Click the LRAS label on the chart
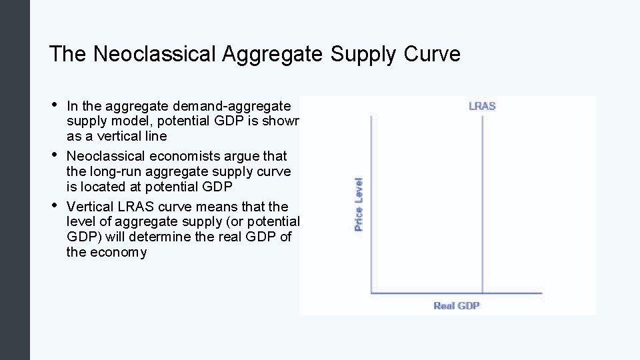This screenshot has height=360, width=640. coord(482,105)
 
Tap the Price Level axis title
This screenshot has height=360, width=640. coord(359,204)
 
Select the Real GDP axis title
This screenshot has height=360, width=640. coord(457,306)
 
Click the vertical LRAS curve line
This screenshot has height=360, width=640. coord(481,200)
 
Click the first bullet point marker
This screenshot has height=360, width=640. coord(54,105)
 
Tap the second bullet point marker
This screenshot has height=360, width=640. coord(54,155)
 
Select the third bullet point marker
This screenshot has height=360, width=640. coord(54,205)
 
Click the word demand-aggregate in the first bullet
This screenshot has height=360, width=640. coord(231,106)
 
